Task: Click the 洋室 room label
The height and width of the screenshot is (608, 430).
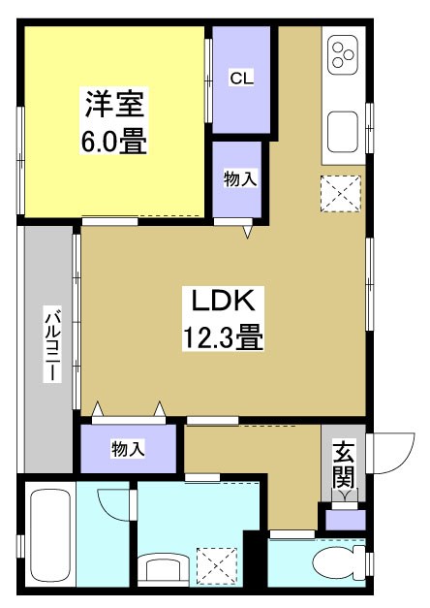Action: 114,104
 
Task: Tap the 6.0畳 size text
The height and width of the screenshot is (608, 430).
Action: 114,142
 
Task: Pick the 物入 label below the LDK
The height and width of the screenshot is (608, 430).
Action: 128,448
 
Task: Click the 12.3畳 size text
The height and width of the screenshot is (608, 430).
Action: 223,337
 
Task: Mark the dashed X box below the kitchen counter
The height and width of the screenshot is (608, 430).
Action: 340,193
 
